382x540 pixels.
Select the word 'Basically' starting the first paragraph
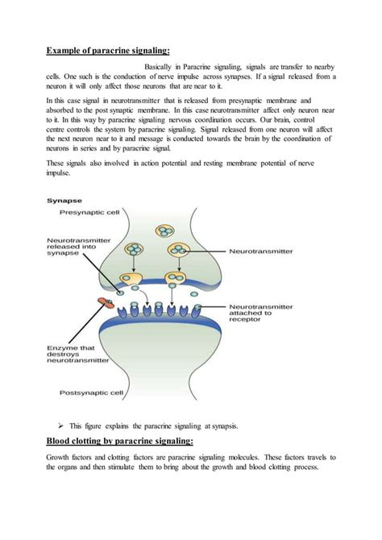(162, 67)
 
